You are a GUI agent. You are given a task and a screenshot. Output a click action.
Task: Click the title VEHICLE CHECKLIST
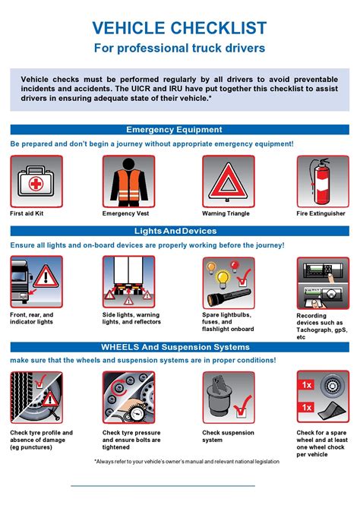point(179,29)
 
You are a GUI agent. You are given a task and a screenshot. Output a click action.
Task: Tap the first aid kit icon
point(36,181)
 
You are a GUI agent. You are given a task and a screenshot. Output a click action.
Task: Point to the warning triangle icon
point(228,181)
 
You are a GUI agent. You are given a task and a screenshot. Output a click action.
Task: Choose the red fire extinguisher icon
point(323,181)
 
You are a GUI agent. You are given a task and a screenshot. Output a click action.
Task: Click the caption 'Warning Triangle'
point(226,214)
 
